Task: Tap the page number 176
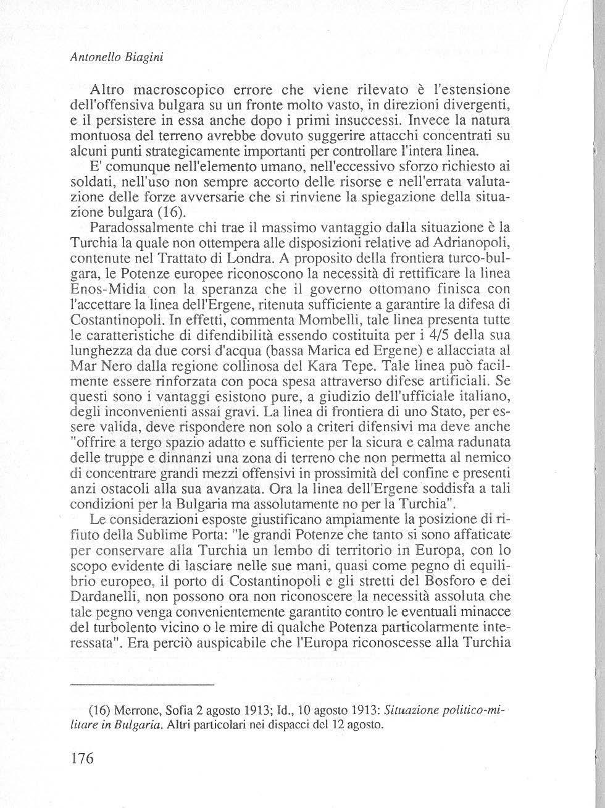81,758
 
